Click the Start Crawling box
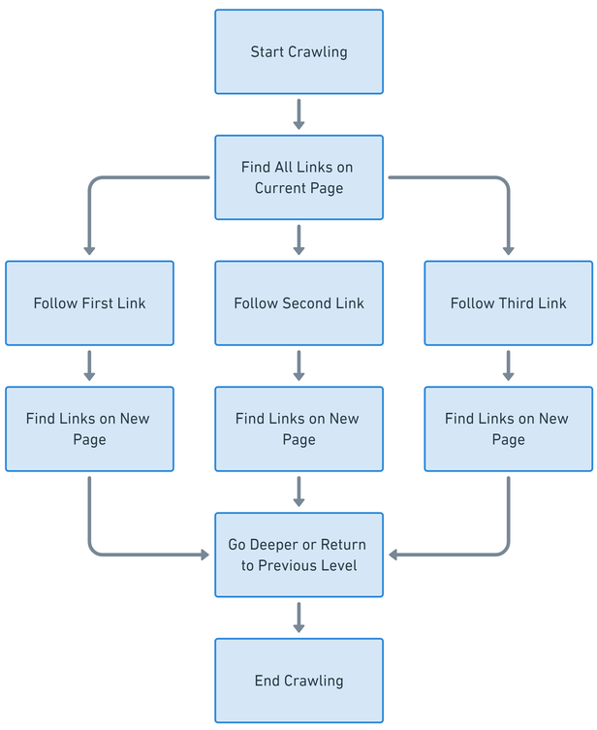pyautogui.click(x=298, y=52)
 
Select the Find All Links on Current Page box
pyautogui.click(x=298, y=177)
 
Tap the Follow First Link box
pyautogui.click(x=89, y=303)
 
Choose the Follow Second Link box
pyautogui.click(x=298, y=303)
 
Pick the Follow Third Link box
pyautogui.click(x=508, y=303)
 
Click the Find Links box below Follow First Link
pyautogui.click(x=89, y=429)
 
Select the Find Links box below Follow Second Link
pyautogui.click(x=298, y=429)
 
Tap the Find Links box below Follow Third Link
pyautogui.click(x=508, y=429)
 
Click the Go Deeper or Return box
pyautogui.click(x=298, y=555)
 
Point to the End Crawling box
pyautogui.click(x=298, y=681)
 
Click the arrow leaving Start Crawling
pyautogui.click(x=298, y=113)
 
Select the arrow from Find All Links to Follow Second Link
pyautogui.click(x=298, y=239)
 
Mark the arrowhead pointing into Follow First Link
pyautogui.click(x=89, y=250)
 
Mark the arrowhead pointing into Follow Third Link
pyautogui.click(x=508, y=250)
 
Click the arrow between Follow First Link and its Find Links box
pyautogui.click(x=89, y=365)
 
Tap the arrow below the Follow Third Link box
pyautogui.click(x=508, y=365)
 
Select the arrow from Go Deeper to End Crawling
pyautogui.click(x=298, y=617)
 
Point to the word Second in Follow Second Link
pyautogui.click(x=306, y=303)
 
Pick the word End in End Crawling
pyautogui.click(x=267, y=681)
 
